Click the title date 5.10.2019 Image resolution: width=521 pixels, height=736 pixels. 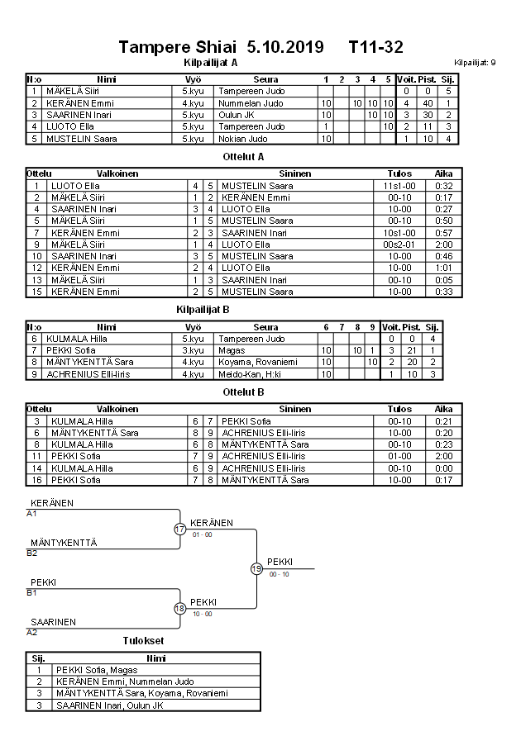[284, 47]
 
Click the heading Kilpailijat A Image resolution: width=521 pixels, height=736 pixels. [211, 62]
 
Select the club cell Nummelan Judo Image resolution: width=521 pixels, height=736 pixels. [251, 103]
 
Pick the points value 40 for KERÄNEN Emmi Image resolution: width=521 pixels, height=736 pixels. [428, 103]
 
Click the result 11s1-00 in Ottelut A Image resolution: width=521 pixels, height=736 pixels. [399, 186]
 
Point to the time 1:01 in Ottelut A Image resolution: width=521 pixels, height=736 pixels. [444, 268]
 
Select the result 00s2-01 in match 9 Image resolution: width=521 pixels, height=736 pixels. [399, 245]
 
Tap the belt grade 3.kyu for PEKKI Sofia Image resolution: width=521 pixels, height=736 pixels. [193, 351]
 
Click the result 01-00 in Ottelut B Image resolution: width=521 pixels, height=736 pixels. [399, 456]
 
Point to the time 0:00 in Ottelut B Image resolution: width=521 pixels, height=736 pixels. [444, 468]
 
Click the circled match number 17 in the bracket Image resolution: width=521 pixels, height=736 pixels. [180, 529]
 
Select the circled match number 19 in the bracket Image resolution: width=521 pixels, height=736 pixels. [256, 568]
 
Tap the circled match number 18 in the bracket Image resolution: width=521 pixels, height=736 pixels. [180, 609]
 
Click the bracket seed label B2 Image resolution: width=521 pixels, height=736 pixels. [32, 553]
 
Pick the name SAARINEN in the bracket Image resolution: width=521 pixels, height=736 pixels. [54, 622]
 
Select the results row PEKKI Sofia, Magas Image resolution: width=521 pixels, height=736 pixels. [92, 670]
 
